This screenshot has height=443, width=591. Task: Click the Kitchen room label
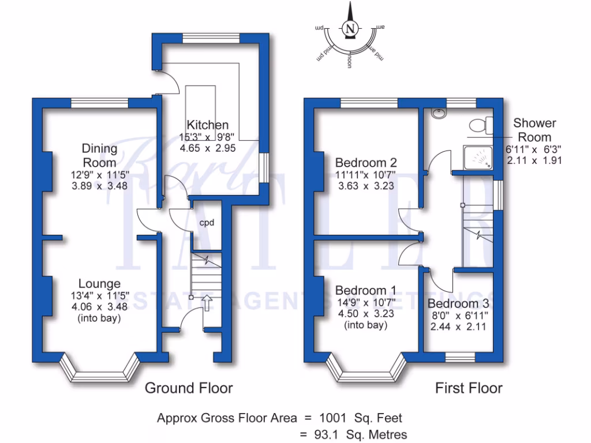(208, 125)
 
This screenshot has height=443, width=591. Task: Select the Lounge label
(99, 284)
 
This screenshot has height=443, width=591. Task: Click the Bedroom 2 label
(366, 163)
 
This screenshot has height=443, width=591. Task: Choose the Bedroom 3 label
(458, 304)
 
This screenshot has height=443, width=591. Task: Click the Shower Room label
(534, 130)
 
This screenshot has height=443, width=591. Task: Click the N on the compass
(349, 29)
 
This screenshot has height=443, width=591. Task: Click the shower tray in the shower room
(478, 156)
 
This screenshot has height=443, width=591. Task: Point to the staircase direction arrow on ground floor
(207, 302)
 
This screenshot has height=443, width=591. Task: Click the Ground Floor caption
(189, 388)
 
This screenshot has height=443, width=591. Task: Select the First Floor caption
(469, 388)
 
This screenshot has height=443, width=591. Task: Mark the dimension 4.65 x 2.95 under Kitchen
(208, 148)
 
